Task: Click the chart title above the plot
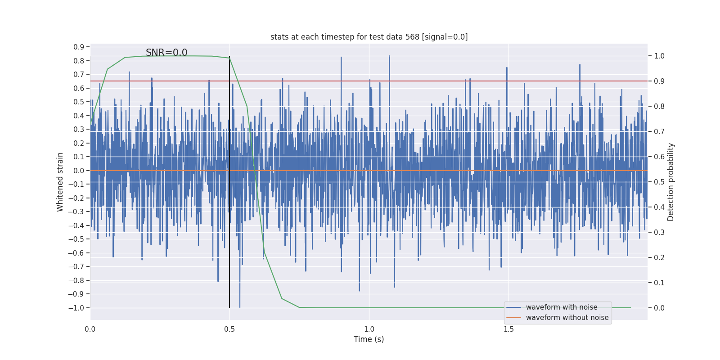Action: pyautogui.click(x=369, y=37)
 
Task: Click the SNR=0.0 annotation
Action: pyautogui.click(x=166, y=53)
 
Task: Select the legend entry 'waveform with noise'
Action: pyautogui.click(x=562, y=307)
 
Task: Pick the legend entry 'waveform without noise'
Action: pyautogui.click(x=567, y=318)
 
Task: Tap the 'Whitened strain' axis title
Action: pyautogui.click(x=60, y=182)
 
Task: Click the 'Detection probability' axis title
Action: pyautogui.click(x=671, y=182)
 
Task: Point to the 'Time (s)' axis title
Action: pyautogui.click(x=369, y=339)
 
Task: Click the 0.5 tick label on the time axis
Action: pyautogui.click(x=229, y=329)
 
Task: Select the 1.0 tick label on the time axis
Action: pyautogui.click(x=369, y=329)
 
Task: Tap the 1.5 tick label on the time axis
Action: pyautogui.click(x=508, y=329)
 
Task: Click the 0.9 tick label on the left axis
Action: pyautogui.click(x=79, y=47)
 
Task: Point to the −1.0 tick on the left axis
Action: pyautogui.click(x=76, y=308)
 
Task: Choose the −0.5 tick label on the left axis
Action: pyautogui.click(x=76, y=239)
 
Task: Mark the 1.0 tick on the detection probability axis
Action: pyautogui.click(x=659, y=56)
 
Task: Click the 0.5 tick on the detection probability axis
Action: pyautogui.click(x=659, y=182)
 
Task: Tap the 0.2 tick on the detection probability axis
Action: pyautogui.click(x=659, y=257)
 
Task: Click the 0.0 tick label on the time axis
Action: pyautogui.click(x=90, y=329)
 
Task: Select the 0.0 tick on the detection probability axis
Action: pyautogui.click(x=659, y=308)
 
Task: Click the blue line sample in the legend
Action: pyautogui.click(x=513, y=307)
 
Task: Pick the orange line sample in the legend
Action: pyautogui.click(x=513, y=318)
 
